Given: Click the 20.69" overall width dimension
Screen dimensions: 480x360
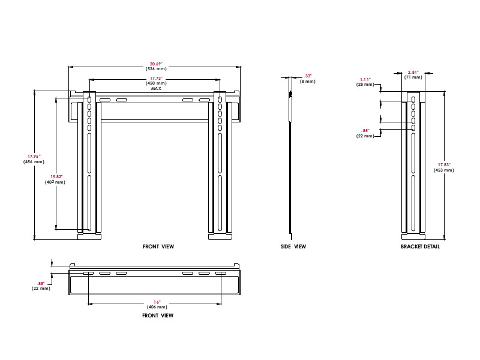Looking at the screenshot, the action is point(156,64).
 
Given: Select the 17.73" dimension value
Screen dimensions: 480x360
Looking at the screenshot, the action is point(156,79).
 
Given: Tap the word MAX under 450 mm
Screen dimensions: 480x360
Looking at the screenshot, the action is point(156,88).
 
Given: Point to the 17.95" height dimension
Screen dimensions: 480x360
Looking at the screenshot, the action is point(34,157).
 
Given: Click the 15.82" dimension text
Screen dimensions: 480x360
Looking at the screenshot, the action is point(56,176).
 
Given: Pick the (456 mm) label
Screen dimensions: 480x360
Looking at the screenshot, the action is point(34,161).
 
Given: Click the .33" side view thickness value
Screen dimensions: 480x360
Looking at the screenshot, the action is point(308,76).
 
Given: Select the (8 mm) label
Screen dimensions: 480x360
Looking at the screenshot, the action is point(308,82).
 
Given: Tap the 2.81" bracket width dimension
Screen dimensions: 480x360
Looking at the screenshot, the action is point(413,72).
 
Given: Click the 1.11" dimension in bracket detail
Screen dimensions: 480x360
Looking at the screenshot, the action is point(365,79).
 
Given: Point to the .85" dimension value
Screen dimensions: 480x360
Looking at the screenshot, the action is point(365,130).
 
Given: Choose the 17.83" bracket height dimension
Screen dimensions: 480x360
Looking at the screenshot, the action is point(444,164).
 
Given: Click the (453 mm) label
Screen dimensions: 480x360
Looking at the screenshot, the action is point(444,170).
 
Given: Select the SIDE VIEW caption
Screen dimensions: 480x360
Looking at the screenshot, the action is point(293,247).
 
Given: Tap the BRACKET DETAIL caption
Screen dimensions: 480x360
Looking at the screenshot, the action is point(420,247).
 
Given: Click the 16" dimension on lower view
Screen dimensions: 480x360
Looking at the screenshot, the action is point(157,302).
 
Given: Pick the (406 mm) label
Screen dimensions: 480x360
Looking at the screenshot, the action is point(157,307).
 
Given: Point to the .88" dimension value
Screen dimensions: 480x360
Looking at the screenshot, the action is point(41,283).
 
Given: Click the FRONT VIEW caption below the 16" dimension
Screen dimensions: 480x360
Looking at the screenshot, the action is point(158,316).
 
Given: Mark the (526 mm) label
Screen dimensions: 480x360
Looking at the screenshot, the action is point(156,69).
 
